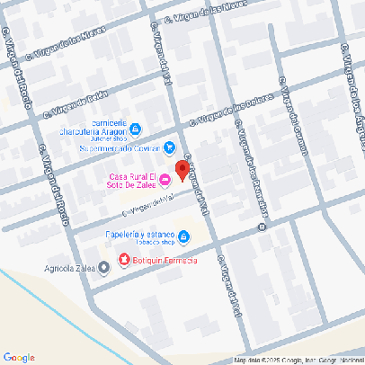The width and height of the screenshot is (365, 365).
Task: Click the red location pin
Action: point(181,171)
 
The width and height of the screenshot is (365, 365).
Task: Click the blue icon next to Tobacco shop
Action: point(183,237)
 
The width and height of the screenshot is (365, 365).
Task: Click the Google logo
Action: point(19,357)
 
